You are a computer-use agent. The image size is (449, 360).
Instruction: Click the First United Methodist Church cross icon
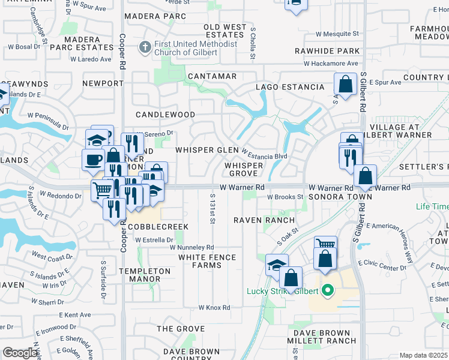click(145, 47)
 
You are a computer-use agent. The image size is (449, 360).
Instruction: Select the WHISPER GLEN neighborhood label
click(206, 150)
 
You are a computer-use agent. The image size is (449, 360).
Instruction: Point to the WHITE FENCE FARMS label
click(207, 262)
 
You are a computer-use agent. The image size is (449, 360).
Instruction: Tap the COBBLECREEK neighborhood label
click(157, 227)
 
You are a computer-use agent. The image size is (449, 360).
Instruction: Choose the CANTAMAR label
click(212, 77)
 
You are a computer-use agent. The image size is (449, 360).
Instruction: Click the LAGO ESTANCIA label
click(290, 88)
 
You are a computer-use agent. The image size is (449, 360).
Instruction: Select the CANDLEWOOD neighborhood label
click(165, 115)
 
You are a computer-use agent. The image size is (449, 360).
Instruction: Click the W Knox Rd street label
click(214, 308)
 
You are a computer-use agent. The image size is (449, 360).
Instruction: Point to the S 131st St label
click(212, 209)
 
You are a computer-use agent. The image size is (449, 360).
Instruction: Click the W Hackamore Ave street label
click(330, 64)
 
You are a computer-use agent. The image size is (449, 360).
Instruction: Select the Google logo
click(20, 353)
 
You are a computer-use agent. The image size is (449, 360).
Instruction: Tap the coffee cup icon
click(93, 160)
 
